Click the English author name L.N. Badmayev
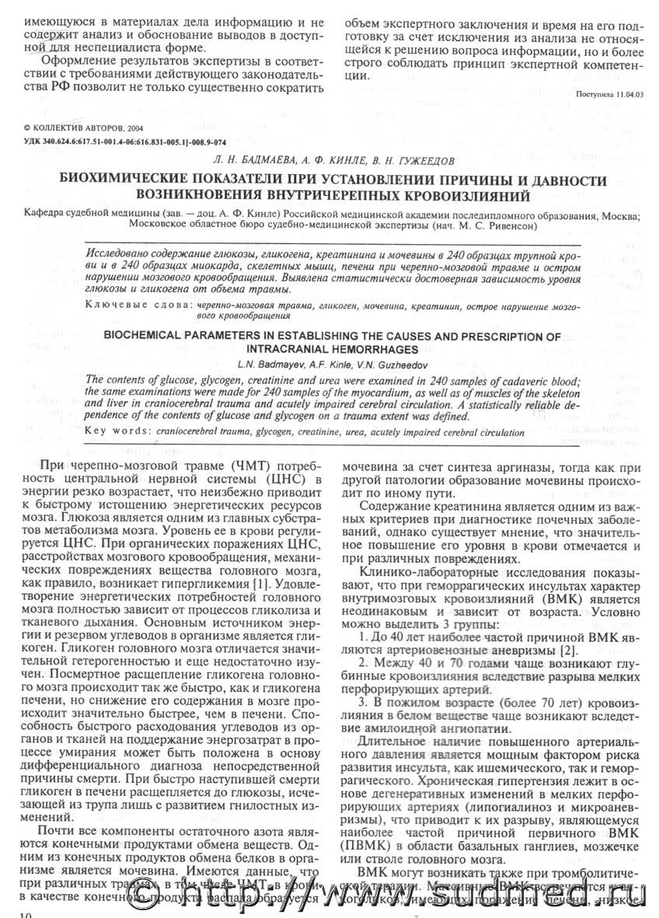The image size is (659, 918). (270, 364)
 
